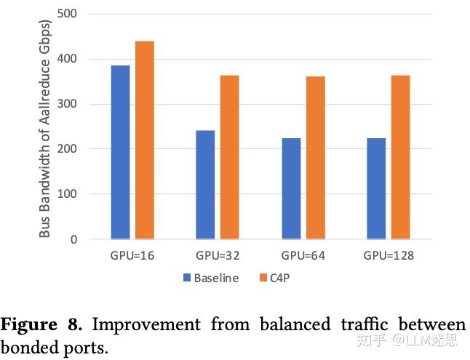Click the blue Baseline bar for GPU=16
coord(120,152)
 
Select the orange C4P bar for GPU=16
coord(144,140)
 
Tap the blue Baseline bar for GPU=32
coord(206,185)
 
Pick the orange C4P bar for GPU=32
coord(230,157)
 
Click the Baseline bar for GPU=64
coord(291,188)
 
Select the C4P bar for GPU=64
coord(315,158)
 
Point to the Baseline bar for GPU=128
coord(377,188)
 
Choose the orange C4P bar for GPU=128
coord(401,157)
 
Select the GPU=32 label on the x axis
coord(218,256)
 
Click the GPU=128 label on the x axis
coord(389,256)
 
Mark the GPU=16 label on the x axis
coord(132,256)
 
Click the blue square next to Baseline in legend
coord(187,278)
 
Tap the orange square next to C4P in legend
coord(263,278)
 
